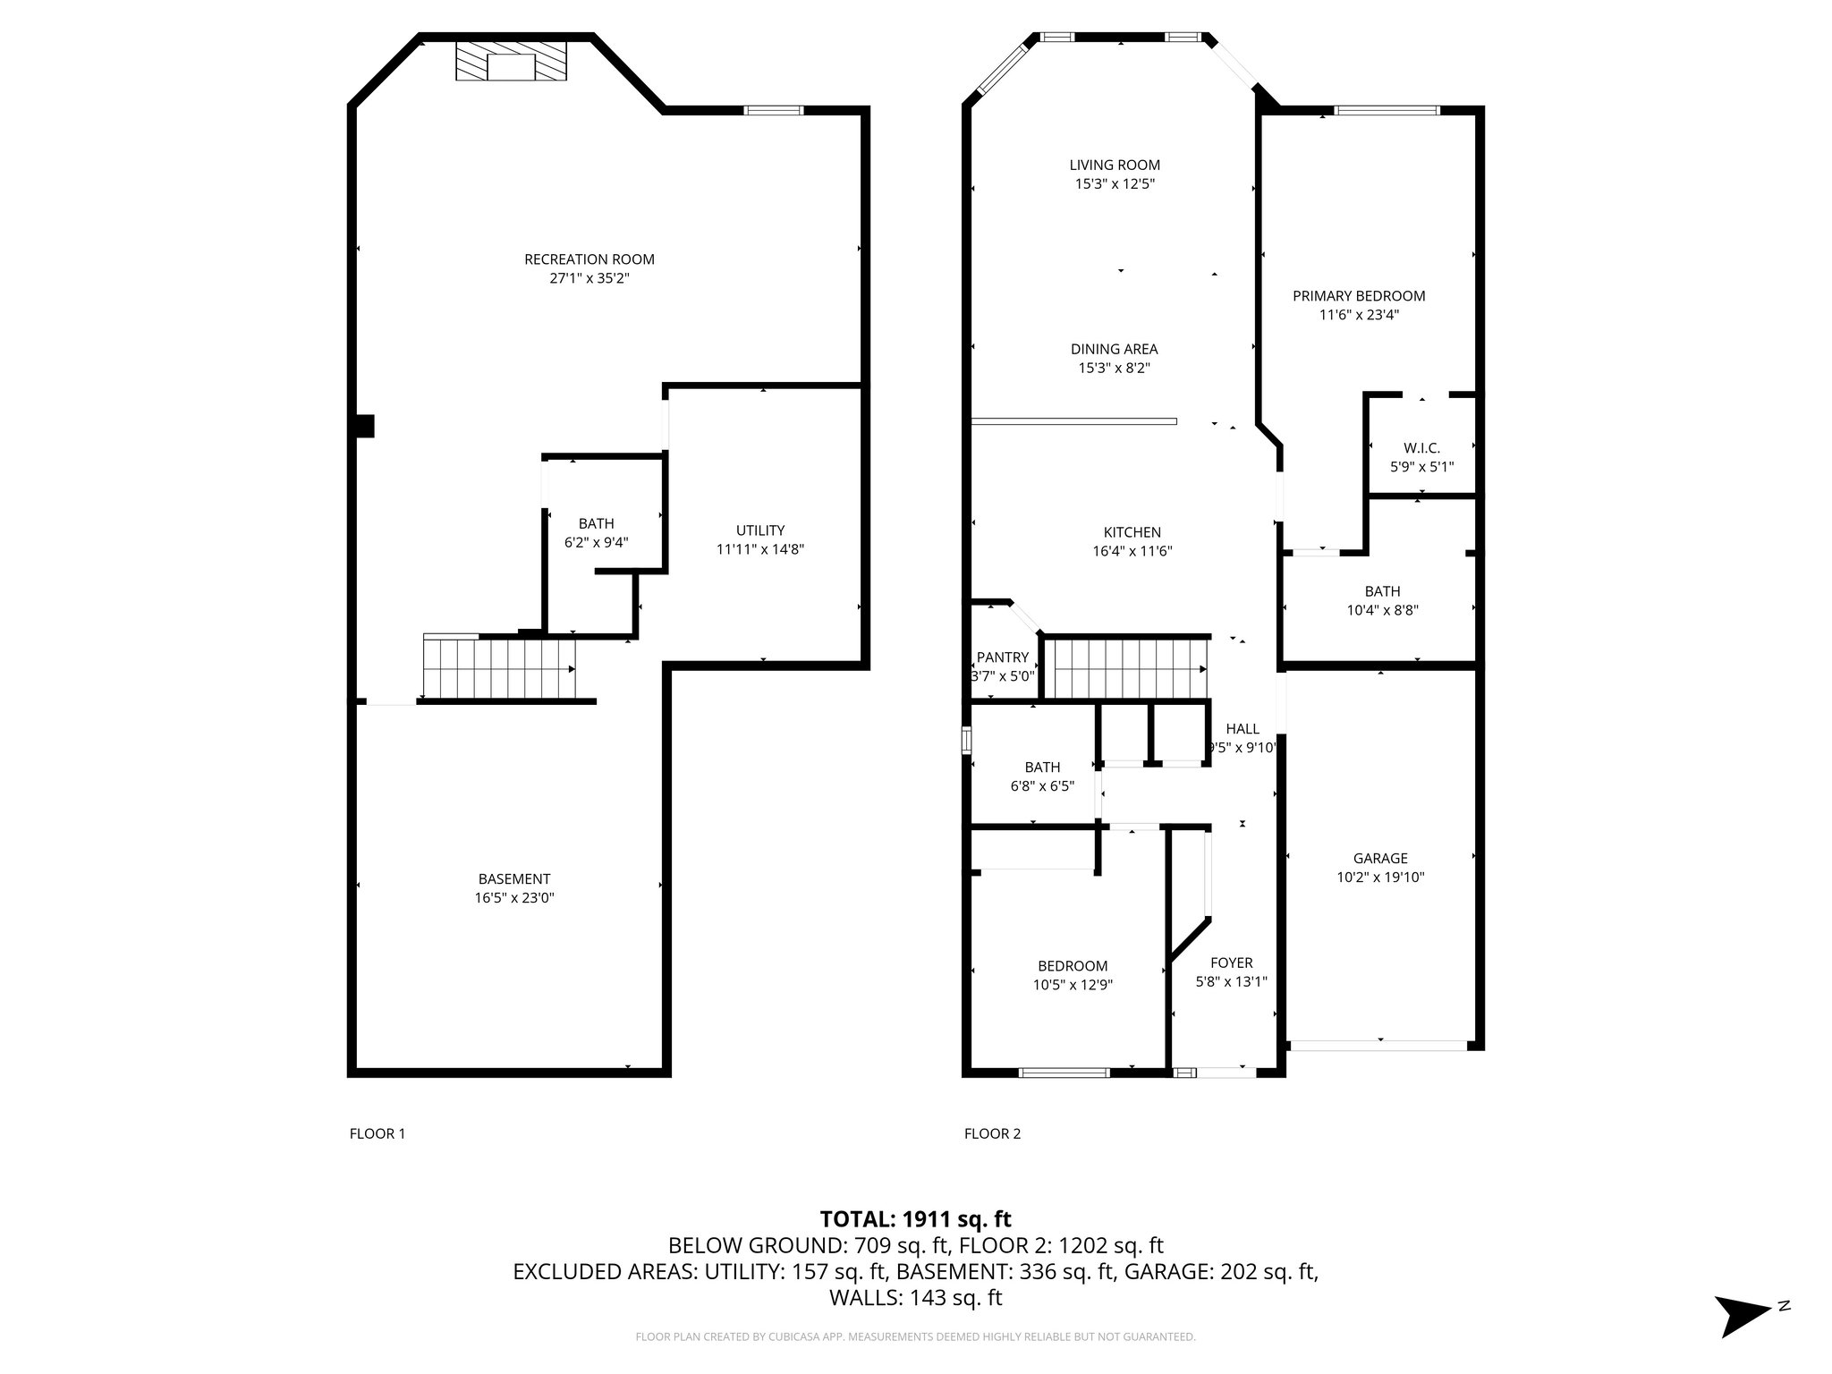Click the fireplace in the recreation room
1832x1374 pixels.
(511, 62)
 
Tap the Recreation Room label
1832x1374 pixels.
(589, 259)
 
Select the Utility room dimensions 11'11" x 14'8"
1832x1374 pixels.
(760, 549)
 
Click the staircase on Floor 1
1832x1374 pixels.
(498, 666)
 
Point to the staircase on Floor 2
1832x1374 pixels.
(1126, 668)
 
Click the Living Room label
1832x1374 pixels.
(1115, 165)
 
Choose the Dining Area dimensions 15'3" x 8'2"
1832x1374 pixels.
(1115, 368)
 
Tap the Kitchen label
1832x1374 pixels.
(1132, 532)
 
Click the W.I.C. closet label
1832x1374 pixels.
(1421, 448)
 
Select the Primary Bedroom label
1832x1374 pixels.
(1359, 296)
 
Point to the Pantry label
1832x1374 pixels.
(1003, 657)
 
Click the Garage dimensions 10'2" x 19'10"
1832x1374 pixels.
(1380, 878)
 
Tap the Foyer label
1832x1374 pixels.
(1232, 963)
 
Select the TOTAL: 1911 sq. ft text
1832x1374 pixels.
(916, 1218)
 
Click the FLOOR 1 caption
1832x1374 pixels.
(377, 1133)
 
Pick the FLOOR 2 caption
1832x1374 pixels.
(992, 1133)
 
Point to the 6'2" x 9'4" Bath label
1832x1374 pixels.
(597, 532)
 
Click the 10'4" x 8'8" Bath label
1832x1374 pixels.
(1383, 600)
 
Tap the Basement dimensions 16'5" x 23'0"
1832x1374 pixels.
(514, 897)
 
